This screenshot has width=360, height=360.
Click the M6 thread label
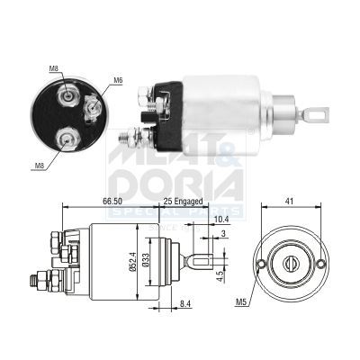click(x=118, y=81)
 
